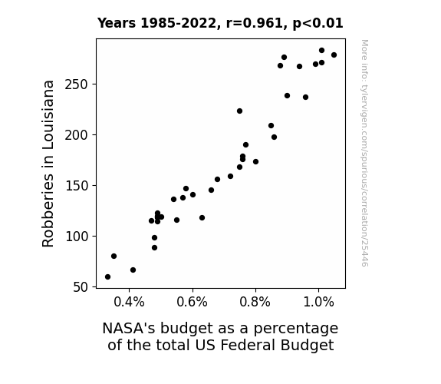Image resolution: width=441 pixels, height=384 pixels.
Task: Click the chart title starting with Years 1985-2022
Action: (x=220, y=23)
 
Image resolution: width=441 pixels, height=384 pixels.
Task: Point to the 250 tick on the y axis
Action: (x=77, y=84)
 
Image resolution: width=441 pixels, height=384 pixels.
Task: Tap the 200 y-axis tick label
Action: (x=77, y=135)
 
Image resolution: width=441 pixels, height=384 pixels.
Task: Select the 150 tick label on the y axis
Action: (x=77, y=186)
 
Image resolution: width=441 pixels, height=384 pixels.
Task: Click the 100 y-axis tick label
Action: (x=77, y=236)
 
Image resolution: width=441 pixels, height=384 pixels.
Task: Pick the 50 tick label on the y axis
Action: (x=81, y=287)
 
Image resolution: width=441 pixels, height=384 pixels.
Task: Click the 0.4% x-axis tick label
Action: (x=129, y=303)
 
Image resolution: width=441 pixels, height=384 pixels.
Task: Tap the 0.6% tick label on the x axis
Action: (x=192, y=303)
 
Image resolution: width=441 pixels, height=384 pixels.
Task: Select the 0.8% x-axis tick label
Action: (x=255, y=303)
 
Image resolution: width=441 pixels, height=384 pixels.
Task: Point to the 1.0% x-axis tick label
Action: (x=318, y=303)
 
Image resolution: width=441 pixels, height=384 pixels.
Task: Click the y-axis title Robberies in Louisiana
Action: (x=48, y=164)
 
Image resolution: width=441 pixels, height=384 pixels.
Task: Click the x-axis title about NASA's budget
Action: (x=220, y=336)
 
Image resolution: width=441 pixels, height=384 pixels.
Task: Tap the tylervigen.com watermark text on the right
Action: (x=364, y=153)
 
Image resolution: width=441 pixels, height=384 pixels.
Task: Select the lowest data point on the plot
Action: (x=107, y=277)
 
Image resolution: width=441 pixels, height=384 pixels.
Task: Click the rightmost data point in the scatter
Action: (x=334, y=55)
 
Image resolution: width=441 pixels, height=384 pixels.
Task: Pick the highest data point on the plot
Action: (x=322, y=51)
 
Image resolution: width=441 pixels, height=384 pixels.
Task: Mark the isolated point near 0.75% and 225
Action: (x=239, y=111)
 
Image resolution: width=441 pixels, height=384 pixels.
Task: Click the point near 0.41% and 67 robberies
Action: (x=133, y=270)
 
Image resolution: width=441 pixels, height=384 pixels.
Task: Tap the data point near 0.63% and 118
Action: (x=202, y=218)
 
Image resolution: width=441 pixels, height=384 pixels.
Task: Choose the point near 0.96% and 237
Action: (x=306, y=98)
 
